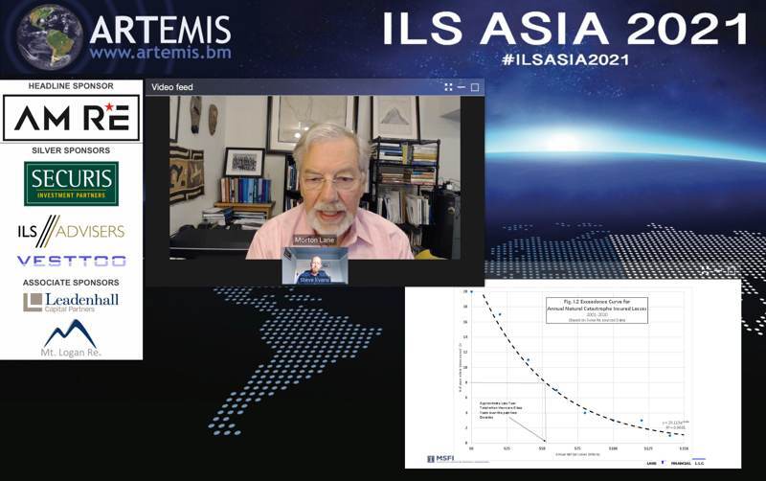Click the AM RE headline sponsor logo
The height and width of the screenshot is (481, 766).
click(x=71, y=119)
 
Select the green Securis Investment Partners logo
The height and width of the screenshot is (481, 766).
click(x=71, y=183)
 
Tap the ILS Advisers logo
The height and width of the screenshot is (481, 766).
click(x=71, y=231)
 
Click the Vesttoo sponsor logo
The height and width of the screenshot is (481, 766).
click(x=71, y=261)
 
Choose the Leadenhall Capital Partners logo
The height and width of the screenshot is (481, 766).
click(x=71, y=303)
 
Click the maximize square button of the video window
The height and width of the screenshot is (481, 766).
click(x=475, y=87)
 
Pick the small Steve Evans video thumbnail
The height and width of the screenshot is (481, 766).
click(x=315, y=265)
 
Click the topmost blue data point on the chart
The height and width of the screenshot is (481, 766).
click(x=471, y=291)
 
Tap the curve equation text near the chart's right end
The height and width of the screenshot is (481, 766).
click(x=674, y=424)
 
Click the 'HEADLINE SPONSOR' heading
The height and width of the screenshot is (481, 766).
click(x=71, y=86)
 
